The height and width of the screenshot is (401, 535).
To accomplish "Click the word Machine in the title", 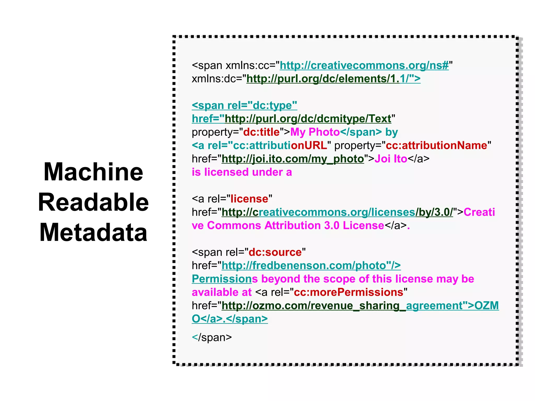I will (93, 172).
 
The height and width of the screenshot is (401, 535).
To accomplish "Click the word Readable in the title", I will (93, 202).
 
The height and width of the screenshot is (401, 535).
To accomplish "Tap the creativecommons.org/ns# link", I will (364, 65).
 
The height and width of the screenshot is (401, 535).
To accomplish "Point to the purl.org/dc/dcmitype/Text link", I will (308, 119).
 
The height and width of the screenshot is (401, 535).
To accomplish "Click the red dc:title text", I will (261, 132).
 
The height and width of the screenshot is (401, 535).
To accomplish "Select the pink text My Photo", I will (315, 132).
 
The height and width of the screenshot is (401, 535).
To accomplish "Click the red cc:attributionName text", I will (436, 145).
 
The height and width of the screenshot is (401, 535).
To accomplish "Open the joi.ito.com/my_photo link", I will (293, 159).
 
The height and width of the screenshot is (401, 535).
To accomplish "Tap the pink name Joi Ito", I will (391, 159).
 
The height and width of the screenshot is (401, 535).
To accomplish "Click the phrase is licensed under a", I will (242, 172).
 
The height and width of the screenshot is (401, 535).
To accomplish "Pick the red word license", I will (249, 199).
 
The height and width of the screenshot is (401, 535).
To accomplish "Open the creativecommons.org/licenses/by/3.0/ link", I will (337, 212).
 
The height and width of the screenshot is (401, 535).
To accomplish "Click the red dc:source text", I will (275, 252).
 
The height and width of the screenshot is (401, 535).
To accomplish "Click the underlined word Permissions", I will (221, 279).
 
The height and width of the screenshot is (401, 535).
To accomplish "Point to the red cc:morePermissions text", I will (348, 292).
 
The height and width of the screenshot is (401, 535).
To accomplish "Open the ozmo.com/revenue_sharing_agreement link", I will (313, 305).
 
